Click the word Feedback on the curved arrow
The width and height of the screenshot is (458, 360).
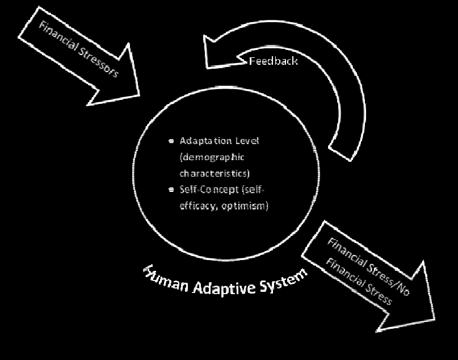pos(273,60)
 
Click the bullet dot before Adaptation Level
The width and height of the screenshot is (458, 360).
pos(171,141)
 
